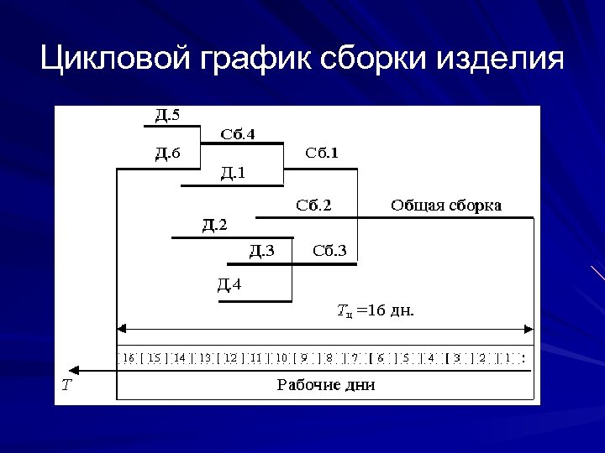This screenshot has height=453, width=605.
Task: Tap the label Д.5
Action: click(166, 115)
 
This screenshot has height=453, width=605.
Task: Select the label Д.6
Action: click(166, 152)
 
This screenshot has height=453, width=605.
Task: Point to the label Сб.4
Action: click(238, 133)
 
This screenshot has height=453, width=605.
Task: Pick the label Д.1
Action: click(233, 173)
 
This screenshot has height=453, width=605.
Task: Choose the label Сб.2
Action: click(313, 205)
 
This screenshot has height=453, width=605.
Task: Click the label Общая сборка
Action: click(445, 205)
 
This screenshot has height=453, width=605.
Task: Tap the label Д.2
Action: click(214, 224)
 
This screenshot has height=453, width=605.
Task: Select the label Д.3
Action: click(261, 249)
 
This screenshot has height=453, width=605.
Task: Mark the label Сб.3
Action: click(329, 249)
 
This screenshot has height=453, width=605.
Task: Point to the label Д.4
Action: click(229, 284)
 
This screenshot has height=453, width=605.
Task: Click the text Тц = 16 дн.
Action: click(375, 311)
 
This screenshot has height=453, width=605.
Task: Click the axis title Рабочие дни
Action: click(326, 385)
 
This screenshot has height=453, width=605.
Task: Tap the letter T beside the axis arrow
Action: click(66, 385)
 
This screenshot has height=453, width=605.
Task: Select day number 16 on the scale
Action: click(129, 357)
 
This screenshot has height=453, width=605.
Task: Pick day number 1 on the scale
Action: click(508, 357)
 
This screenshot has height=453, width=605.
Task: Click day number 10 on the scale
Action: click(281, 357)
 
